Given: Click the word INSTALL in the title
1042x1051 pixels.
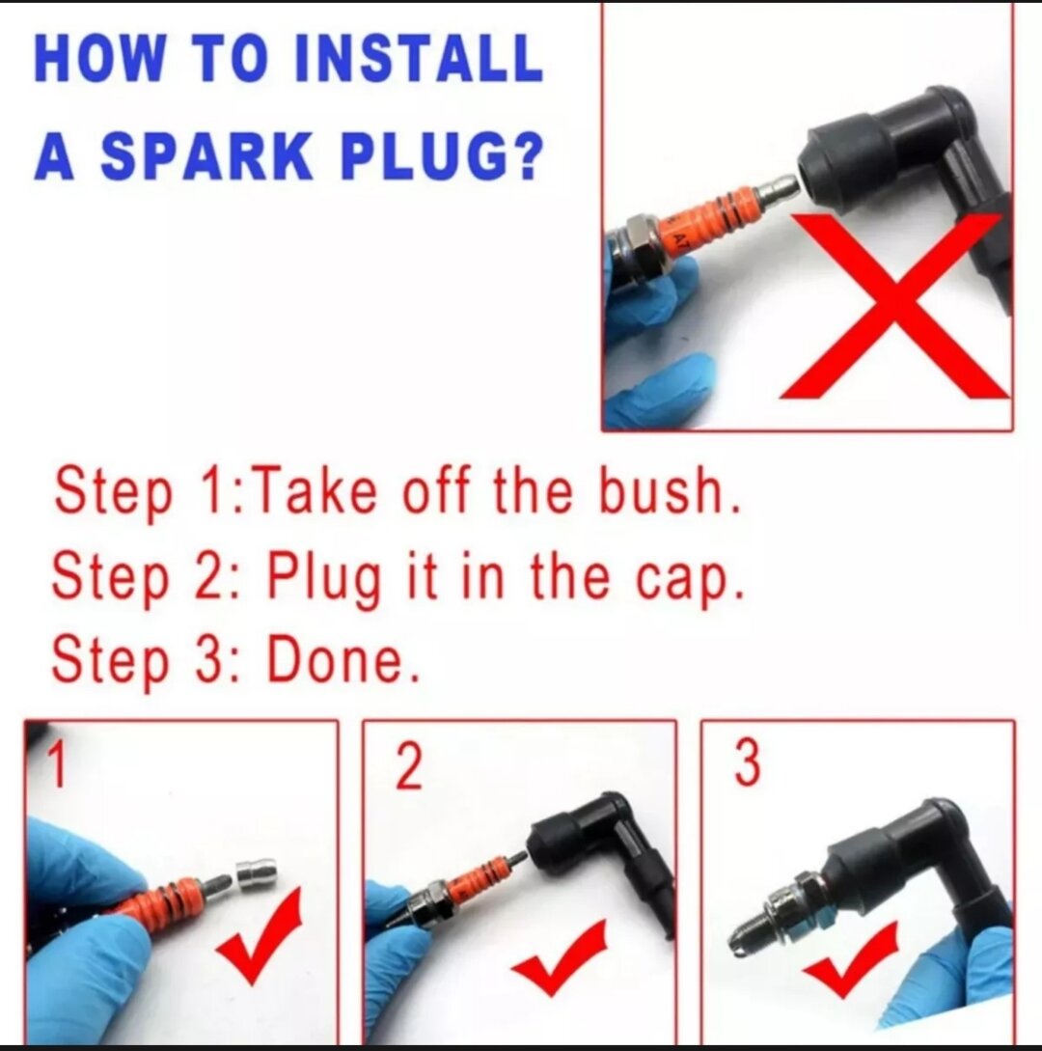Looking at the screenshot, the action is (419, 57).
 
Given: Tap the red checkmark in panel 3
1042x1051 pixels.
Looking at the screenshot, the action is (851, 958).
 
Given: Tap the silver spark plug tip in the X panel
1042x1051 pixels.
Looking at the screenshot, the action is (778, 190).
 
